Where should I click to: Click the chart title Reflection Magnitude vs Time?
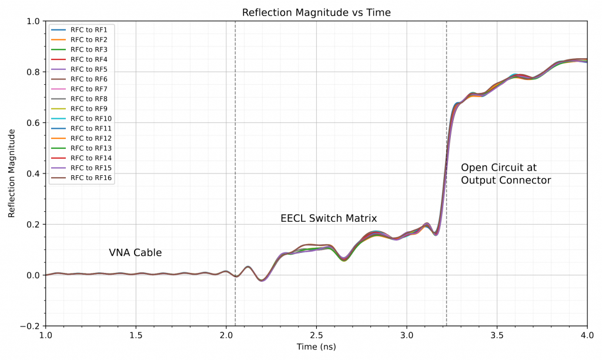click(317, 12)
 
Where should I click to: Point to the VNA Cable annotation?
click(135, 253)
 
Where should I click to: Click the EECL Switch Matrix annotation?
click(329, 219)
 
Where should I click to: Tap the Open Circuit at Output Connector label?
click(506, 174)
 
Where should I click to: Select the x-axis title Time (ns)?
click(316, 347)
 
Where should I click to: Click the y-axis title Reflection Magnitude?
click(12, 174)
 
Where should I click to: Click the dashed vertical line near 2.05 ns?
click(235, 147)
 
